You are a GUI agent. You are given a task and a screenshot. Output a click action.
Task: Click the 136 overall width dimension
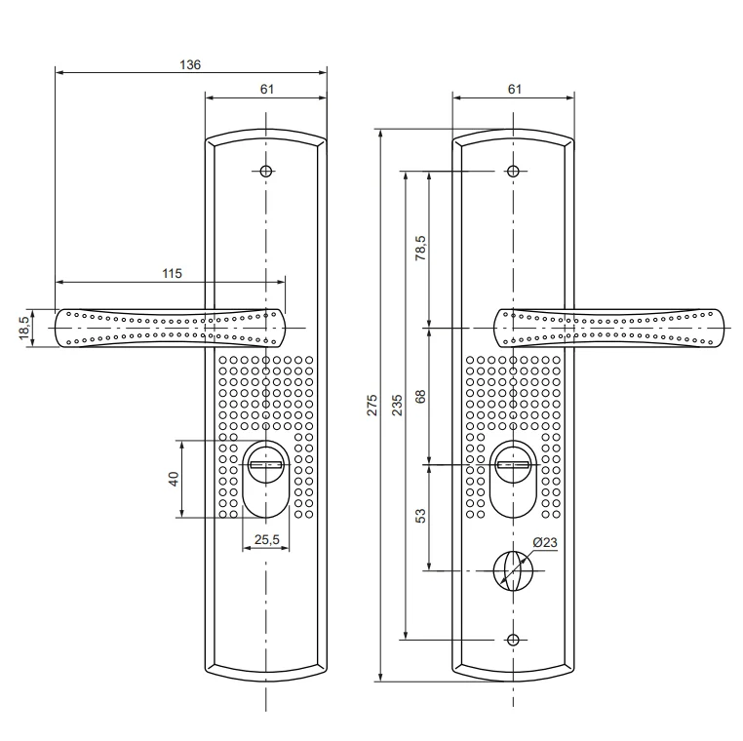point(190,64)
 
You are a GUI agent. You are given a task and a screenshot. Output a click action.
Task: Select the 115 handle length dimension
point(171,275)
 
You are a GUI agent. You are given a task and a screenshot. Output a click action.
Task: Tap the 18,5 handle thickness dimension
point(23,328)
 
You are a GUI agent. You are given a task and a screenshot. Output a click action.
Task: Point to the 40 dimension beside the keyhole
point(174,480)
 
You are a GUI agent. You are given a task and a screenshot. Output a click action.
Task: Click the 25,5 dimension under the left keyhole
point(265,538)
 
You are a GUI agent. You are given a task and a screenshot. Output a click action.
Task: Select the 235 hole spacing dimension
point(397,405)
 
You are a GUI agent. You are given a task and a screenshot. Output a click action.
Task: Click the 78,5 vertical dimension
point(421,250)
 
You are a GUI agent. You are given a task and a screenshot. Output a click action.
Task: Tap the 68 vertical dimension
point(421,398)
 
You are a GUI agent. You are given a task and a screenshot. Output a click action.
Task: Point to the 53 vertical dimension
point(421,517)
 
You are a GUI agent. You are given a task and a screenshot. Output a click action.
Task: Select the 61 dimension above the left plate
point(265,89)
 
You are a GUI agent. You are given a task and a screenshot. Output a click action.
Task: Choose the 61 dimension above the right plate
point(514,89)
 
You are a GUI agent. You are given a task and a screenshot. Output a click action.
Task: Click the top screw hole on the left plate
point(265,171)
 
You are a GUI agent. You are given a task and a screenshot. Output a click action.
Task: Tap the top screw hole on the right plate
point(513,171)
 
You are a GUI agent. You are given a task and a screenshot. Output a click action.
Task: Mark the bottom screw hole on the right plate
point(513,640)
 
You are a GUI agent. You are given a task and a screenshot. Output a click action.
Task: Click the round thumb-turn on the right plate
point(513,569)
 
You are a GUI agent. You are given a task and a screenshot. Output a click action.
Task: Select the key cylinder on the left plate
point(265,466)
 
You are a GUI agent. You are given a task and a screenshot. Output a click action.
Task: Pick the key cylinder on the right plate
point(513,466)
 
